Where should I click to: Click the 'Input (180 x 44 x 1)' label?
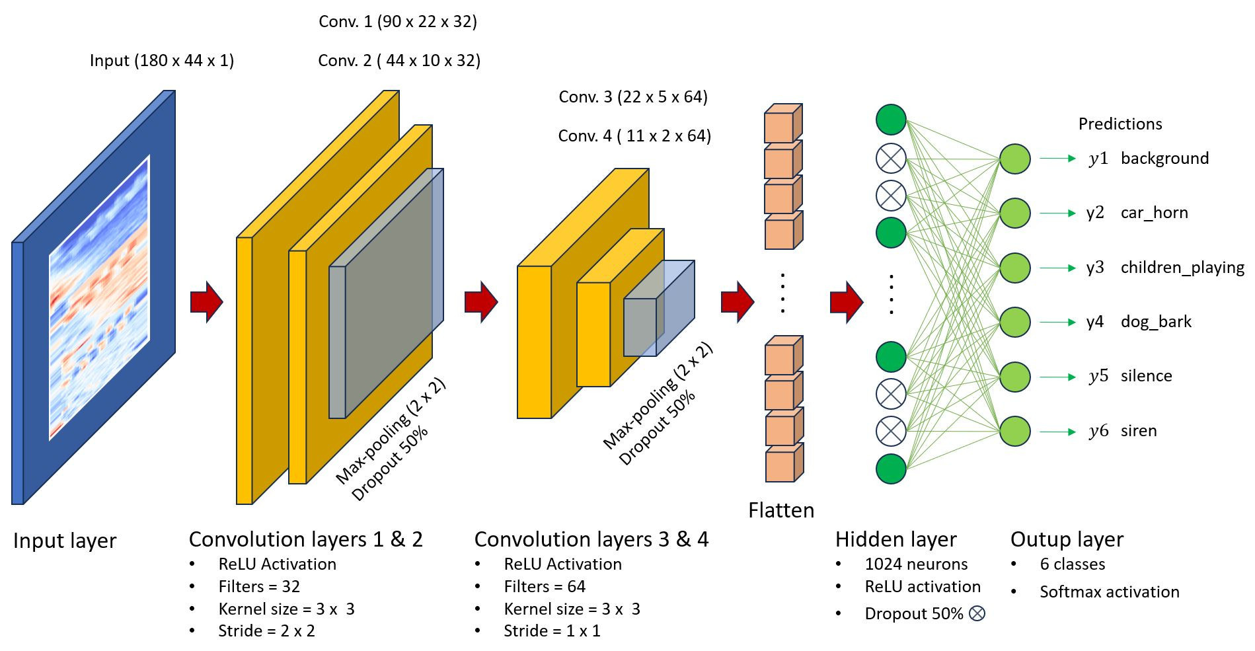[x=162, y=61]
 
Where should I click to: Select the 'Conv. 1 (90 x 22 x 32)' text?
[x=397, y=22]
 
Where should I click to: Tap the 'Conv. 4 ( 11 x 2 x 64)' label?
[x=634, y=136]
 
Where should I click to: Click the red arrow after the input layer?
[x=206, y=302]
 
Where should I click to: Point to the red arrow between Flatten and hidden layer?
[x=846, y=302]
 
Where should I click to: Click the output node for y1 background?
[x=1014, y=159]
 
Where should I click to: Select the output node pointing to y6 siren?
[x=1014, y=432]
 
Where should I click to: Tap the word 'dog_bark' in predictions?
[x=1156, y=322]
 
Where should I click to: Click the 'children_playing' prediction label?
[x=1182, y=268]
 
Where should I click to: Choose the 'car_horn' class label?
[x=1154, y=213]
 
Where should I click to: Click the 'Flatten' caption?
[x=781, y=510]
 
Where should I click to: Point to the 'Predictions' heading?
[x=1120, y=124]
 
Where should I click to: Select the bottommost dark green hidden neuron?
[x=890, y=469]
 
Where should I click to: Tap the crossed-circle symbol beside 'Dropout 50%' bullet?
[x=977, y=613]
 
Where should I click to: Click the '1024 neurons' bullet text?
[x=916, y=564]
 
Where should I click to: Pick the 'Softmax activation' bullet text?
[x=1109, y=592]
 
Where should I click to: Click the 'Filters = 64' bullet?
[x=545, y=587]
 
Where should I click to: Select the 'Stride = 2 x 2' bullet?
[x=266, y=631]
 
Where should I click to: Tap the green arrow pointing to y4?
[x=1057, y=323]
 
